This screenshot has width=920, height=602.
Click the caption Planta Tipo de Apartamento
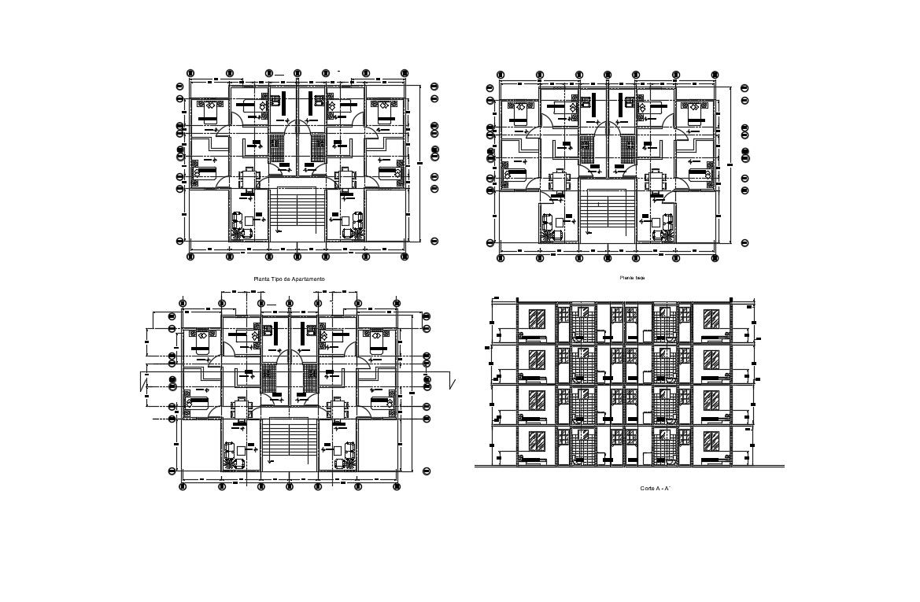(289, 279)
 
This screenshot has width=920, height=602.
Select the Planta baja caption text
(632, 278)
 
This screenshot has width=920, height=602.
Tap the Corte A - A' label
(655, 489)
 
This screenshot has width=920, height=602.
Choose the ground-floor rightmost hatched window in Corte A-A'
(711, 441)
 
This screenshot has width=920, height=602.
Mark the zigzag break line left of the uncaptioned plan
(143, 384)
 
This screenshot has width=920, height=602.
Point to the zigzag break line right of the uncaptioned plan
(453, 382)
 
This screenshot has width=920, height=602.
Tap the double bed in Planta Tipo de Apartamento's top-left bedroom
(209, 111)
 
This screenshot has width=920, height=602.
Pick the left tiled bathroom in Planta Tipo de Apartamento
(276, 147)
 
